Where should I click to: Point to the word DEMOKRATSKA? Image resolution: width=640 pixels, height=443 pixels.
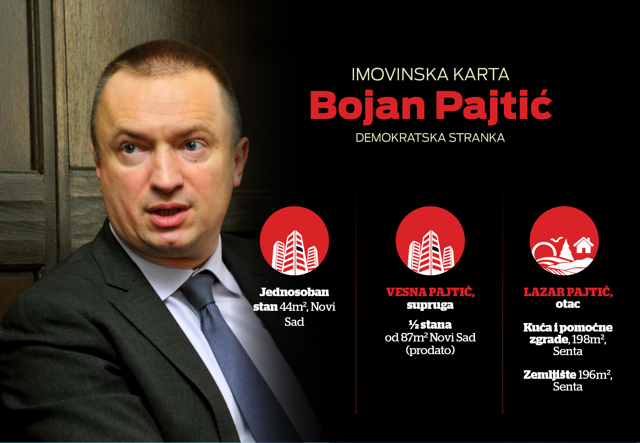[x=400, y=138]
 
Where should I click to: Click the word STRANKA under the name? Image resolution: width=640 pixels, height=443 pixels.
[x=476, y=138]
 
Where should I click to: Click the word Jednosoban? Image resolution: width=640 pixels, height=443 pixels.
[x=294, y=292]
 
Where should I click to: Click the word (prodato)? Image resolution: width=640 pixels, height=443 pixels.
[x=430, y=350]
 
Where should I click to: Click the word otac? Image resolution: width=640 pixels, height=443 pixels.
[x=568, y=304]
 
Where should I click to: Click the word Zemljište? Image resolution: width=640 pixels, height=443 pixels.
[x=550, y=375]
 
